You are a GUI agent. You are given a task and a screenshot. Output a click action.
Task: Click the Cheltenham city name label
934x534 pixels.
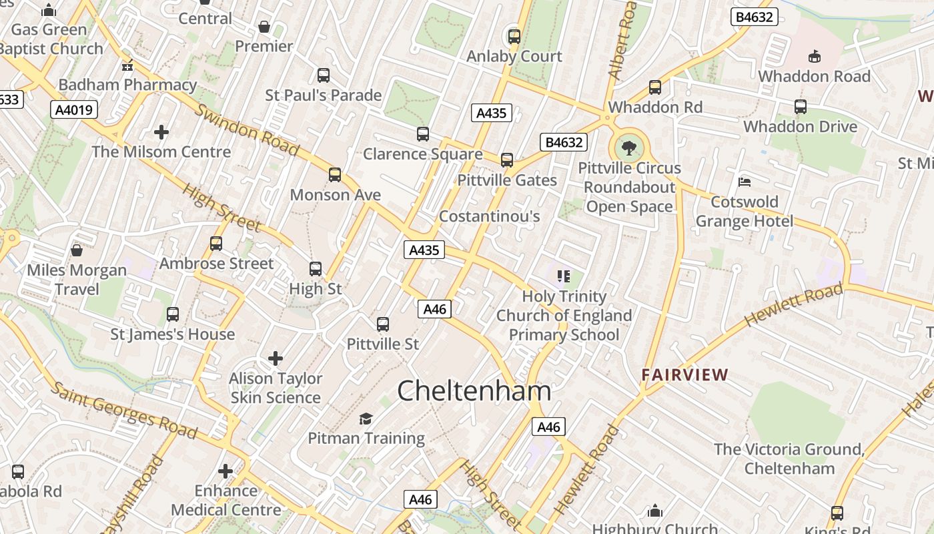(474, 390)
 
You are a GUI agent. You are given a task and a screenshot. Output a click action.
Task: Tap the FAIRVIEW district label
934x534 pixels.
(684, 374)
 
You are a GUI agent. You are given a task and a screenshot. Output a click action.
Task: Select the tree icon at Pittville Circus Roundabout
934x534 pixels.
(628, 148)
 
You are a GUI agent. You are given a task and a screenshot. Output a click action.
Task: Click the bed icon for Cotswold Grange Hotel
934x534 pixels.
(745, 182)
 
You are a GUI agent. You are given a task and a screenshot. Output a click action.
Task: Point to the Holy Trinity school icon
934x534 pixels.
(564, 276)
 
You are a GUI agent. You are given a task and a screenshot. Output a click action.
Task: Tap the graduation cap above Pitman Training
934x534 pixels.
(366, 419)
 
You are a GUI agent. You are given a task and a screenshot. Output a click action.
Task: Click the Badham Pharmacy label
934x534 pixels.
(127, 85)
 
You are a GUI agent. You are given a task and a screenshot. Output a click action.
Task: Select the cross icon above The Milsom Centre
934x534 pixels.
(161, 131)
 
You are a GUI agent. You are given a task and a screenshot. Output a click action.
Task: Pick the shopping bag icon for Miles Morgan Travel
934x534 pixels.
(77, 250)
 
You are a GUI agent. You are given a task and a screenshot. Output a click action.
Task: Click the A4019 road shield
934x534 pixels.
(74, 109)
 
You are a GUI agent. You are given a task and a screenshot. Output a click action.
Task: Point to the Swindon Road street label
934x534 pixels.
(246, 130)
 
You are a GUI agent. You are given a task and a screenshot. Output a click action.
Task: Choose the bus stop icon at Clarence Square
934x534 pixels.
(423, 134)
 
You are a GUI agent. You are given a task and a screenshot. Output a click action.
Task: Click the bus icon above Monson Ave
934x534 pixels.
(335, 175)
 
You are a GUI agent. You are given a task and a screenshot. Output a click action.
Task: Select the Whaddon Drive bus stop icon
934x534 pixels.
(800, 106)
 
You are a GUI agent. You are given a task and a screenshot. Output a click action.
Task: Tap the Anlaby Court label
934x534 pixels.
(514, 56)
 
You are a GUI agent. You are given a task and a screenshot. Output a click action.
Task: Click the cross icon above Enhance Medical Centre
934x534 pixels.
(225, 471)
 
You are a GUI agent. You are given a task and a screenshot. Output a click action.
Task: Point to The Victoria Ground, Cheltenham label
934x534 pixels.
(789, 459)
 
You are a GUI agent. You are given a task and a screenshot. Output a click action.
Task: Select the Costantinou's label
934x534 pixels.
(489, 216)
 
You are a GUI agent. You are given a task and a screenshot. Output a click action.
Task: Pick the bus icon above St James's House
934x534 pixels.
(173, 314)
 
